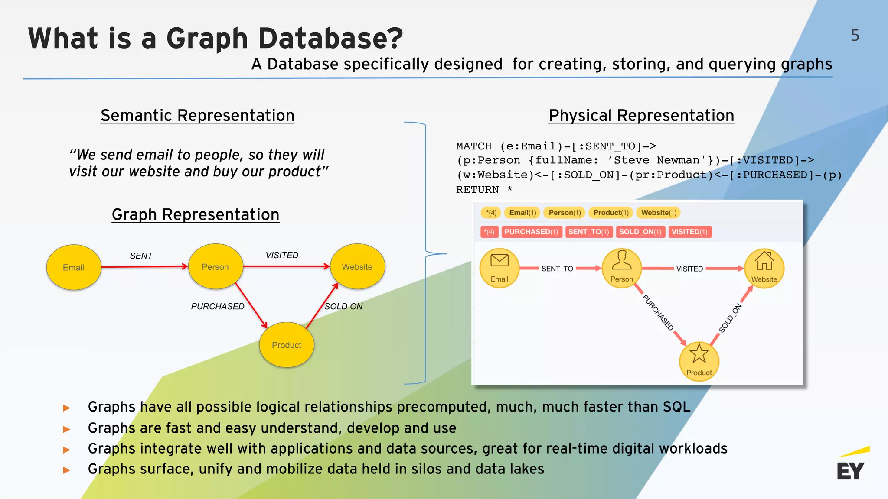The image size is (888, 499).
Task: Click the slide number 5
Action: click(x=855, y=35)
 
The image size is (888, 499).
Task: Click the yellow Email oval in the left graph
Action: click(x=74, y=267)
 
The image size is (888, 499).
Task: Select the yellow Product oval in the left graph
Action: click(x=287, y=345)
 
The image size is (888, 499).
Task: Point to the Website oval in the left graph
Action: click(x=357, y=266)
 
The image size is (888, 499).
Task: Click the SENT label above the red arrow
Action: click(x=141, y=256)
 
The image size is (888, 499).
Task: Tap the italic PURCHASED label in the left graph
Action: click(x=218, y=306)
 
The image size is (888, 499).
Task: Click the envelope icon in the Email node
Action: click(x=499, y=260)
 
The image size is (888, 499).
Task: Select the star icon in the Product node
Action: click(x=699, y=353)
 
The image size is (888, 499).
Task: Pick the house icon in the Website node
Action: click(x=764, y=261)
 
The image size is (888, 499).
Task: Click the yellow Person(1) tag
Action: click(x=565, y=213)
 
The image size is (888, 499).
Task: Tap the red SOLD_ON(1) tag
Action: click(x=640, y=232)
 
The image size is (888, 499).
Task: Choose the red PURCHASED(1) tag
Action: click(x=531, y=232)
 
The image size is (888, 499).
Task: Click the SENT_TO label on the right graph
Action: click(x=557, y=269)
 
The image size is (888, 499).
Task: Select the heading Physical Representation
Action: click(x=641, y=116)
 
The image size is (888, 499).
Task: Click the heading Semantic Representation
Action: click(x=197, y=116)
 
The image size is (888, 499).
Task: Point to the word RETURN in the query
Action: click(x=477, y=190)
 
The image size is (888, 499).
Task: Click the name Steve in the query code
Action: click(x=631, y=160)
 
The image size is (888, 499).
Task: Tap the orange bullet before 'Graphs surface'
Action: click(x=67, y=470)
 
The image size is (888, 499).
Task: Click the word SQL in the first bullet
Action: click(x=676, y=407)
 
